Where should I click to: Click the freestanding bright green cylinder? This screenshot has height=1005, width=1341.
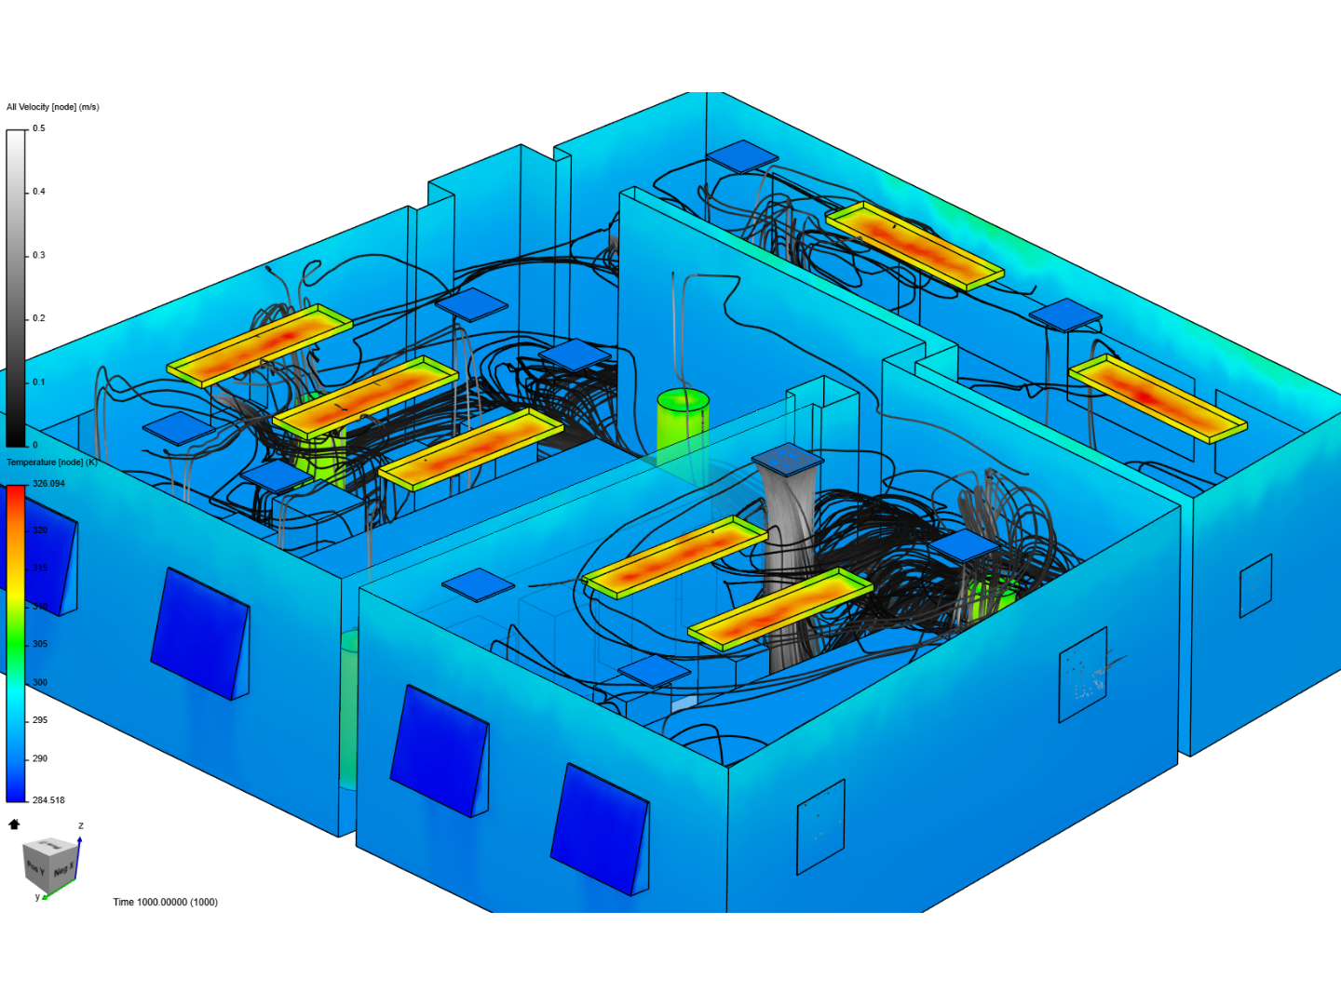683,426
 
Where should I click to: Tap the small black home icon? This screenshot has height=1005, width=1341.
14,824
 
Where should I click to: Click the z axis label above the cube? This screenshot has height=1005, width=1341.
81,825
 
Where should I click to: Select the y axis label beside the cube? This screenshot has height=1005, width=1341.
37,897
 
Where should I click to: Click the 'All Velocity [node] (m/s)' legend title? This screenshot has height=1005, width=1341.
53,107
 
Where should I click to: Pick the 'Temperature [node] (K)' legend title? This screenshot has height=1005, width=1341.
52,462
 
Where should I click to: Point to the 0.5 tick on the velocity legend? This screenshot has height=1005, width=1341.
39,128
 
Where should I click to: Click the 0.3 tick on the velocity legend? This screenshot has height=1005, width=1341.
39,255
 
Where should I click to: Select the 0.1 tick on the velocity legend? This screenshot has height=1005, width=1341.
39,382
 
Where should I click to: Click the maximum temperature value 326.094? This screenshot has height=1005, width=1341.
48,484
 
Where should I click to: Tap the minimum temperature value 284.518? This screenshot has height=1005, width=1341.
48,800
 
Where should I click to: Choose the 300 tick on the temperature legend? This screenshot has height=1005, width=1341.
40,682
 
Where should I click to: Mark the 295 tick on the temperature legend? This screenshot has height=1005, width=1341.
40,720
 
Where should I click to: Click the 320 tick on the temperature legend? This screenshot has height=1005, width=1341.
40,530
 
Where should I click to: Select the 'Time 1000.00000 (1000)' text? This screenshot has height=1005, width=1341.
166,903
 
